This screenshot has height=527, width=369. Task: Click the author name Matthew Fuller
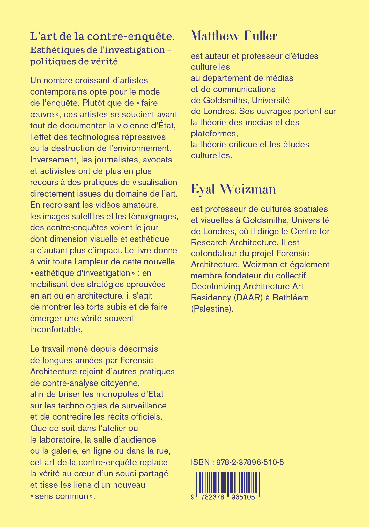[x=234, y=36]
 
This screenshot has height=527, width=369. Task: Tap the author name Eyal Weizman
[x=233, y=189]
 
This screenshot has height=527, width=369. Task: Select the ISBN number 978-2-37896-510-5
[x=250, y=462]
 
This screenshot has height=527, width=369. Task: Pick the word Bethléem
[x=291, y=298]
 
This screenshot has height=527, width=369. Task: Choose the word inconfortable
[x=56, y=329]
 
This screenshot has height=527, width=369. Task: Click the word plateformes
[x=214, y=134]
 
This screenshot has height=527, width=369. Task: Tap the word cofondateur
[x=214, y=253]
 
